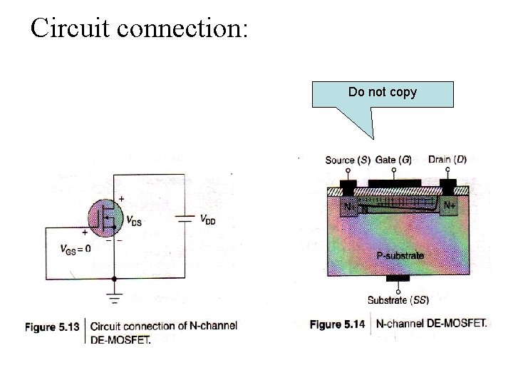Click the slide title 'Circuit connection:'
pyautogui.click(x=139, y=28)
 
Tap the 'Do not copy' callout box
pyautogui.click(x=383, y=93)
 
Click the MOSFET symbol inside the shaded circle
pyautogui.click(x=107, y=217)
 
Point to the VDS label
pyautogui.click(x=133, y=222)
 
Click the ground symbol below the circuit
pyautogui.click(x=114, y=298)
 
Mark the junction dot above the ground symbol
pyautogui.click(x=114, y=279)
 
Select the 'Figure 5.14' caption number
pyautogui.click(x=336, y=324)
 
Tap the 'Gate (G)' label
pyautogui.click(x=393, y=160)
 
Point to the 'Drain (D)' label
pyautogui.click(x=447, y=159)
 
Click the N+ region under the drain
pyautogui.click(x=448, y=206)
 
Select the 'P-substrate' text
pyautogui.click(x=399, y=255)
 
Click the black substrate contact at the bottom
pyautogui.click(x=398, y=278)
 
